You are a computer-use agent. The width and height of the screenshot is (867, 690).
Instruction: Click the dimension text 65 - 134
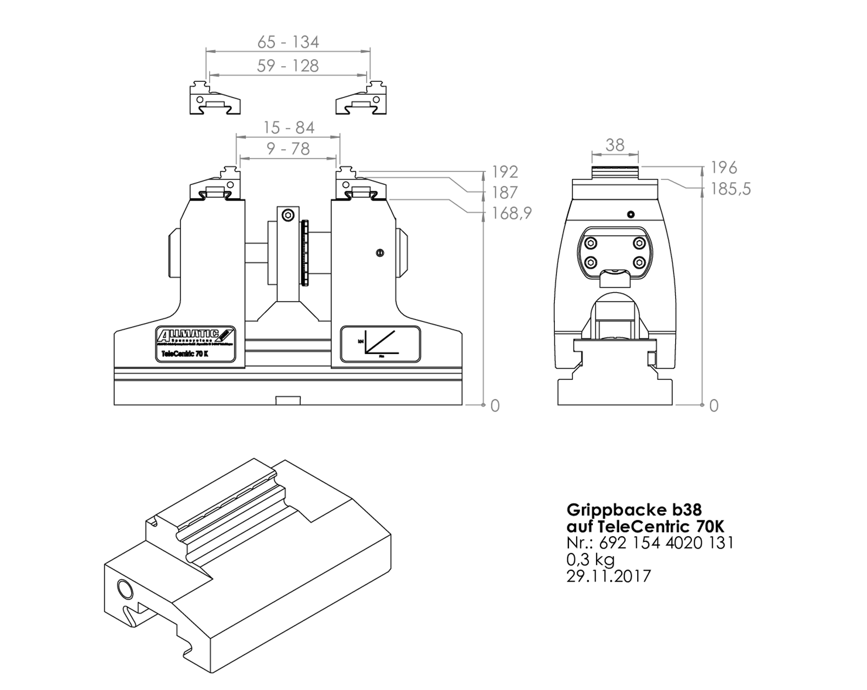[x=288, y=42]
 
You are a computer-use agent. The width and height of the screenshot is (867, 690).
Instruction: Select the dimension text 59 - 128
[x=288, y=66]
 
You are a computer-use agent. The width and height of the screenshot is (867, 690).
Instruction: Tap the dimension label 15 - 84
[x=288, y=127]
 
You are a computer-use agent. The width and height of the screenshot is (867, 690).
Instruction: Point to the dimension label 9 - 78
[x=288, y=149]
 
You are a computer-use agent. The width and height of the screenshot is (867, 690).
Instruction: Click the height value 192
[x=504, y=172]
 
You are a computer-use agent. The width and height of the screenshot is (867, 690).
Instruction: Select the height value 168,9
[x=512, y=213]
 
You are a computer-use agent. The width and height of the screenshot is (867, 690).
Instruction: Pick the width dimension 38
[x=614, y=145]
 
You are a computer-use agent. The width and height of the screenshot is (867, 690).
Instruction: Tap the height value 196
[x=723, y=167]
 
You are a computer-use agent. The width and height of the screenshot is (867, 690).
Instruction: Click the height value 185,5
[x=730, y=189]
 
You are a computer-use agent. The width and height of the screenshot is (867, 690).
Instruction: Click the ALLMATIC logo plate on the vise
[x=196, y=344]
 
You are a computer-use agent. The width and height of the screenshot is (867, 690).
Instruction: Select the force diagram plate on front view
[x=380, y=344]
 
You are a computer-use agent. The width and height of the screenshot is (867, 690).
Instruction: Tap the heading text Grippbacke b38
[x=634, y=510]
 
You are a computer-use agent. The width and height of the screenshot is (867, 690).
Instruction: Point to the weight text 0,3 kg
[x=591, y=559]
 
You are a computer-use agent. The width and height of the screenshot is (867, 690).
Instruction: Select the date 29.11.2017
[x=608, y=576]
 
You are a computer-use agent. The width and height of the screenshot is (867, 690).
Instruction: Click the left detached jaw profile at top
[x=215, y=99]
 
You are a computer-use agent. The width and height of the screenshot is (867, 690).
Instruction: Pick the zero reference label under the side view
[x=714, y=405]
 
